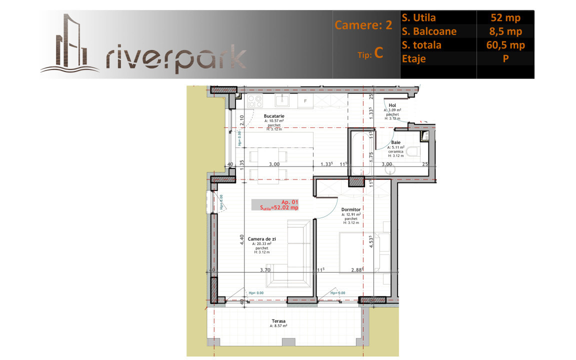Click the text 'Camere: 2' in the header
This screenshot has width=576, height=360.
(363, 25)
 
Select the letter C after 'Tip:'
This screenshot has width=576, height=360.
(378, 53)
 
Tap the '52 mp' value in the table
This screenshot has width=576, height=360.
(505, 18)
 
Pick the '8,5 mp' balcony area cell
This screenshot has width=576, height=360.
(505, 31)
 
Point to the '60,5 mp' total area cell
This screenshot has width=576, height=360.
(505, 45)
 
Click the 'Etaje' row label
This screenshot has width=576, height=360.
(413, 58)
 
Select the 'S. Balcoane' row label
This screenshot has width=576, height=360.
(429, 31)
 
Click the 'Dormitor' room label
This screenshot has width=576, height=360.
(351, 209)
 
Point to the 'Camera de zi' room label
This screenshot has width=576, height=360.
(261, 239)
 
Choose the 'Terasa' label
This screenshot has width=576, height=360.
(279, 321)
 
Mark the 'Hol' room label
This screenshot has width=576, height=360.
(392, 105)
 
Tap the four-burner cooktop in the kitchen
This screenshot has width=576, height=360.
(255, 101)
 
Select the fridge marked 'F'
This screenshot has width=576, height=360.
(305, 101)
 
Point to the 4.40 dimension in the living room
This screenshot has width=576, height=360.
(241, 240)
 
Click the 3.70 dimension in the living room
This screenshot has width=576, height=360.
(265, 270)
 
